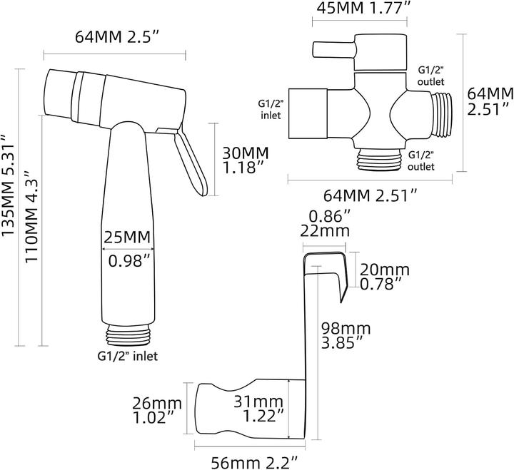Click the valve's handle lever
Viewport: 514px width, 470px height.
pyautogui.click(x=333, y=51)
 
